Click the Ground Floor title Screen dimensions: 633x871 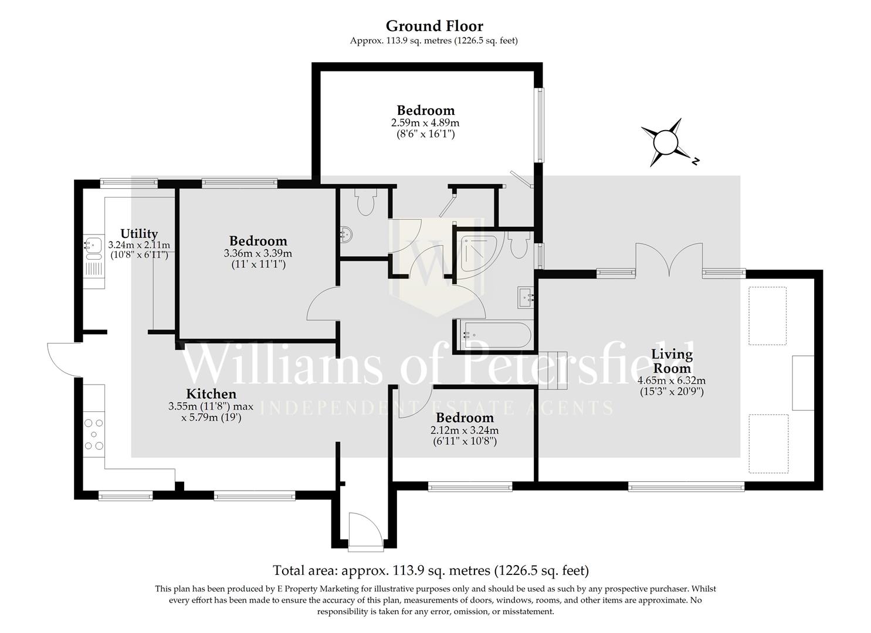434,26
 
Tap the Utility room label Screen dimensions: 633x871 139,233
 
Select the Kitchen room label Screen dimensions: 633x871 211,394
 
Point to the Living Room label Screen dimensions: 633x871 672,361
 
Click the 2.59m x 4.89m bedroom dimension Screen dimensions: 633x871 425,123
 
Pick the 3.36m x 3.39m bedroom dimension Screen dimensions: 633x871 258,253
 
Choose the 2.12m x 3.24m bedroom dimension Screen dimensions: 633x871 465,430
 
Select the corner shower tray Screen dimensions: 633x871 476,251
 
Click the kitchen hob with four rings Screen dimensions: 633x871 94,434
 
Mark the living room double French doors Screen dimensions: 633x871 669,259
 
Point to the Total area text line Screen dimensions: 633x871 431,570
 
